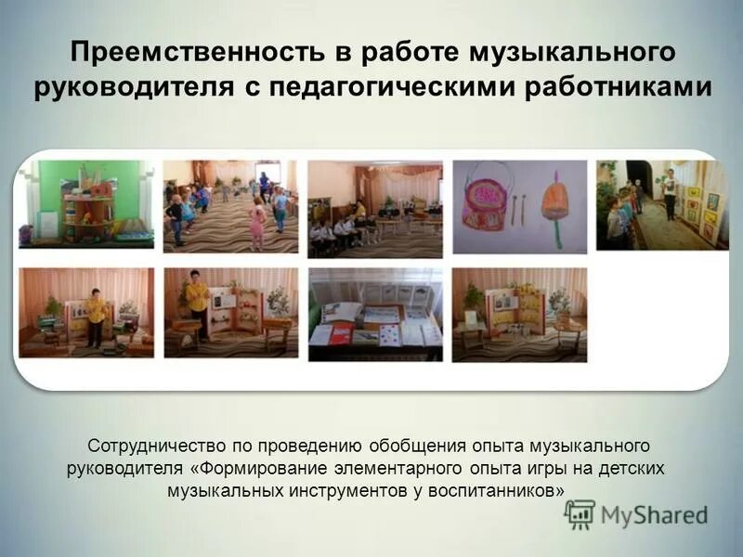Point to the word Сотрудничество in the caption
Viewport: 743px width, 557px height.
153,448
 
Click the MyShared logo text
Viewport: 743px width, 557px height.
654,515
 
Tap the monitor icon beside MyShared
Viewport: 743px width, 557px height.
580,514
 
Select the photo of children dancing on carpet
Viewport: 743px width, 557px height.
230,206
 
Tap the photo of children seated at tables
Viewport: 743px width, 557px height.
374,209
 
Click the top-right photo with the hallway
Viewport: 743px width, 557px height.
662,204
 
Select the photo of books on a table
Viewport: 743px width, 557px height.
375,314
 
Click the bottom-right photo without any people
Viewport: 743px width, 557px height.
519,314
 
